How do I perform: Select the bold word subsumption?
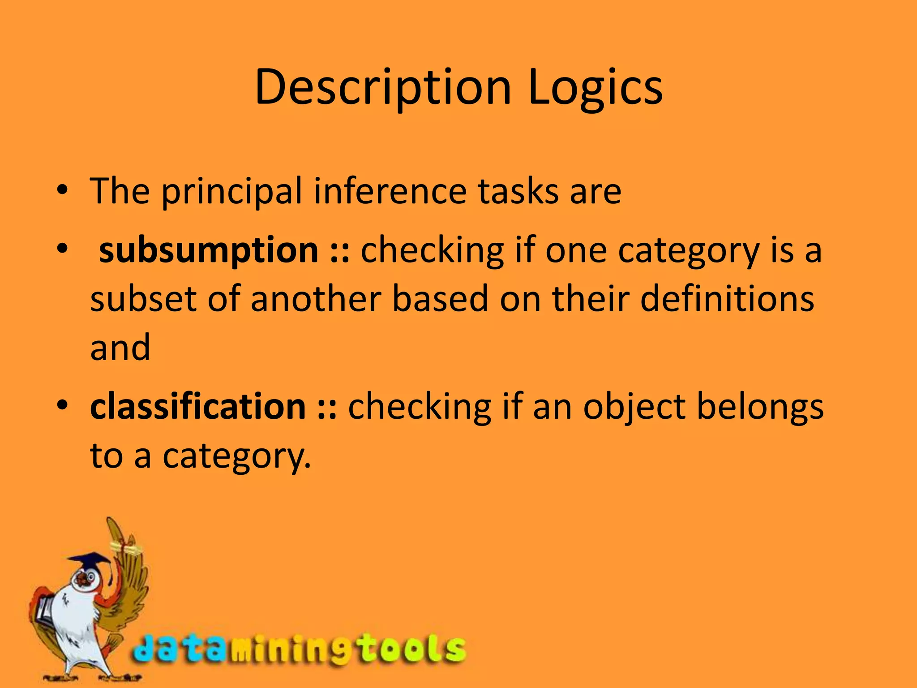coord(208,250)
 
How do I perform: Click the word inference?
coord(390,192)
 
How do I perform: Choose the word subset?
coord(143,299)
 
